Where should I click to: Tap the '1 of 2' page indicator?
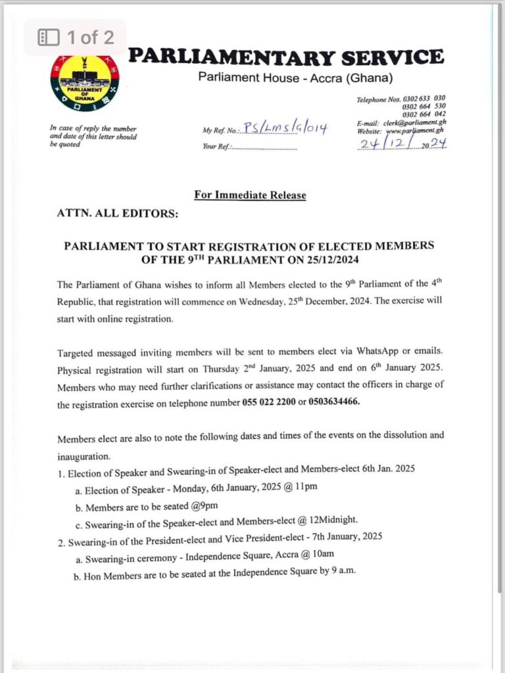(76, 37)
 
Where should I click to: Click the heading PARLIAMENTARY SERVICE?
(285, 57)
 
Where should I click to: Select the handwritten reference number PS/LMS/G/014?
(285, 128)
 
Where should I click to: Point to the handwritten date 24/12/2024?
(401, 143)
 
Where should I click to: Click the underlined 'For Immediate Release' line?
(250, 195)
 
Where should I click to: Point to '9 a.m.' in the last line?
(339, 572)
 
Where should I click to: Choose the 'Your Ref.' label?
(216, 147)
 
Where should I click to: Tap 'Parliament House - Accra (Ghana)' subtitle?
(295, 78)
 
